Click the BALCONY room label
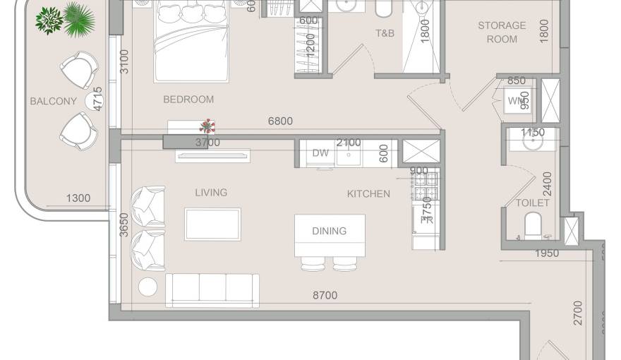[53, 101]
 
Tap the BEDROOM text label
[188, 100]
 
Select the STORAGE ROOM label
[502, 32]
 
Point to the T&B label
[385, 33]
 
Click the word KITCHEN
[368, 193]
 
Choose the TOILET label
[532, 203]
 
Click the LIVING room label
[211, 192]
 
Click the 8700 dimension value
[325, 295]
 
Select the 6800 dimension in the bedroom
[280, 121]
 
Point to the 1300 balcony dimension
[78, 198]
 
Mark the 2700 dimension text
[578, 313]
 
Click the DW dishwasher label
[320, 152]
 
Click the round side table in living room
[148, 287]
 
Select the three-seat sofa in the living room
[212, 289]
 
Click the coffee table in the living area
[212, 224]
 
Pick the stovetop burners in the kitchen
[426, 186]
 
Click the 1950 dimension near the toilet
[547, 253]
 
